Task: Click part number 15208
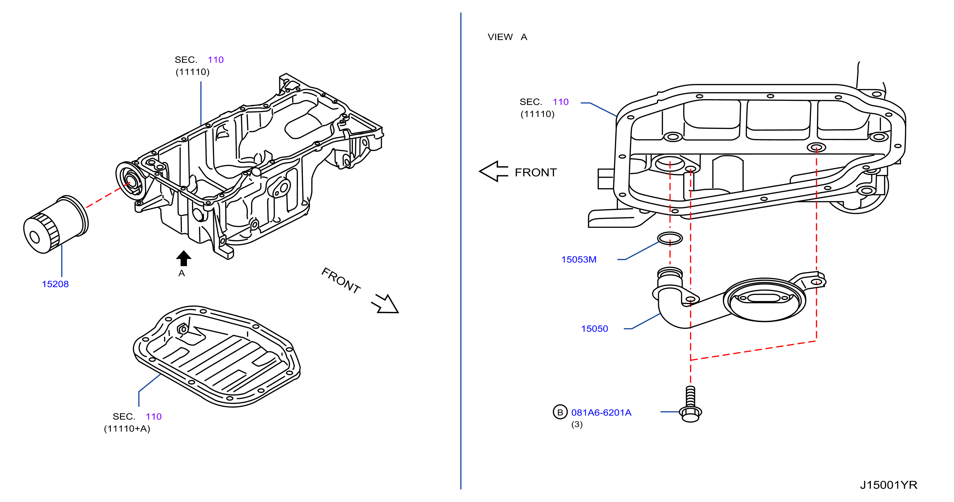pos(55,284)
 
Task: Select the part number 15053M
pos(579,260)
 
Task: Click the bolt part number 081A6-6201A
pos(601,413)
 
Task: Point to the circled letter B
pos(560,412)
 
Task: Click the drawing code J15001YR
pos(888,485)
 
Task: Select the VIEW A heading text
pos(507,37)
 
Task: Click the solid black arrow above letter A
pos(184,258)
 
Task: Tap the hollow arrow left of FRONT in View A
pos(494,172)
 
